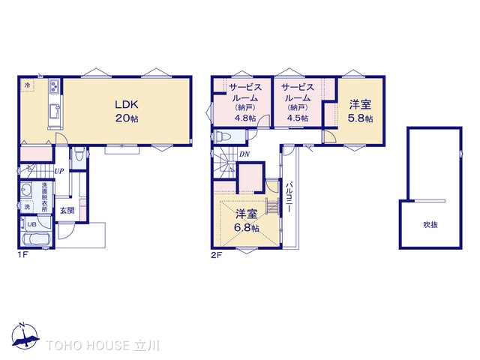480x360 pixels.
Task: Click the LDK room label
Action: coord(127,105)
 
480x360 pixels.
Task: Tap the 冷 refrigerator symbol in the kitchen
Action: coord(28,85)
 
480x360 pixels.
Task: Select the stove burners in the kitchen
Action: coord(55,85)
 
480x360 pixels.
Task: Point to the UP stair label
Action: coord(58,171)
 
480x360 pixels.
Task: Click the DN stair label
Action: coord(244,154)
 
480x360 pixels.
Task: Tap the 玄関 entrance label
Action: coord(67,211)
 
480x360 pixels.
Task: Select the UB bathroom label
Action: coord(31,224)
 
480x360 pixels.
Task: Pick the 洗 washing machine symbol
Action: coord(27,207)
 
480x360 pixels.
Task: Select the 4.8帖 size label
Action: coord(245,118)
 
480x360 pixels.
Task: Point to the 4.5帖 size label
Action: coord(297,118)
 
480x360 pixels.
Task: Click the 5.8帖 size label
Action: coord(360,118)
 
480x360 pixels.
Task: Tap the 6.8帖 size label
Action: coord(247,227)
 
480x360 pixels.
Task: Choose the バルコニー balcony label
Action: coord(289,197)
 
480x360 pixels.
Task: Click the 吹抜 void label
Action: coord(430,225)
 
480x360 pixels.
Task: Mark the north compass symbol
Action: coord(25,336)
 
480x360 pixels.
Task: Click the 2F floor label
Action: coord(217,255)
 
